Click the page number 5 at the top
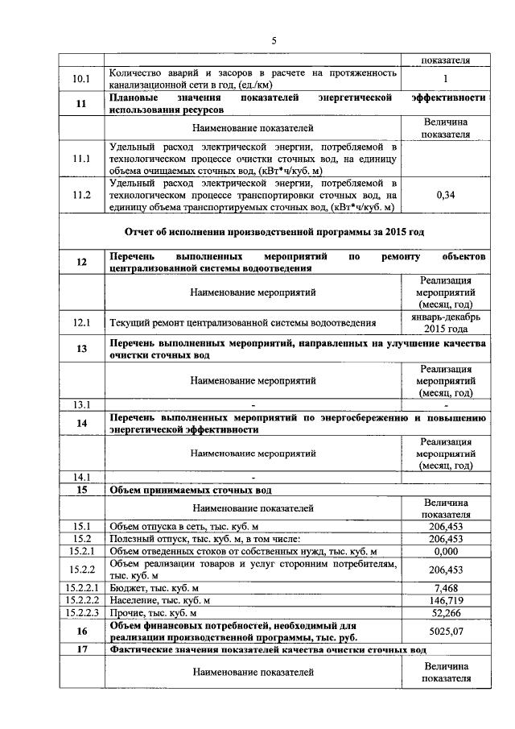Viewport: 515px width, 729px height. click(x=274, y=40)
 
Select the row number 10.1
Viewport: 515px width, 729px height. click(x=81, y=79)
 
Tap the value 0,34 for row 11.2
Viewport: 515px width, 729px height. click(x=445, y=195)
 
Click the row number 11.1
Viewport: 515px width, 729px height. click(x=81, y=159)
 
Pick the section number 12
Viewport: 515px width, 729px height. click(x=81, y=262)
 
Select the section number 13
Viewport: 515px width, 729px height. click(x=81, y=349)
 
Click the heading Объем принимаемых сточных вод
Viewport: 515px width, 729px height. click(x=191, y=489)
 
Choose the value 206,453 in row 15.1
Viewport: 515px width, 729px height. click(x=445, y=525)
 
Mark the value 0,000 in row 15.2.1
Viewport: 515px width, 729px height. click(x=445, y=551)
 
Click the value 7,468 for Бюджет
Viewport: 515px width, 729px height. click(x=445, y=587)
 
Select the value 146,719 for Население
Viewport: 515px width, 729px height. click(x=445, y=600)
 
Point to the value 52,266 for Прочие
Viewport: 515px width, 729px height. click(x=445, y=613)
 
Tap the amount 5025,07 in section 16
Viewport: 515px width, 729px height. click(x=445, y=632)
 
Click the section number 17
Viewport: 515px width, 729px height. click(x=81, y=649)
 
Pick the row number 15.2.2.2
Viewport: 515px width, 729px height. click(x=81, y=600)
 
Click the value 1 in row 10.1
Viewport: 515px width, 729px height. click(x=445, y=79)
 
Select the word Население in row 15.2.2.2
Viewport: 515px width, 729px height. click(x=134, y=600)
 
